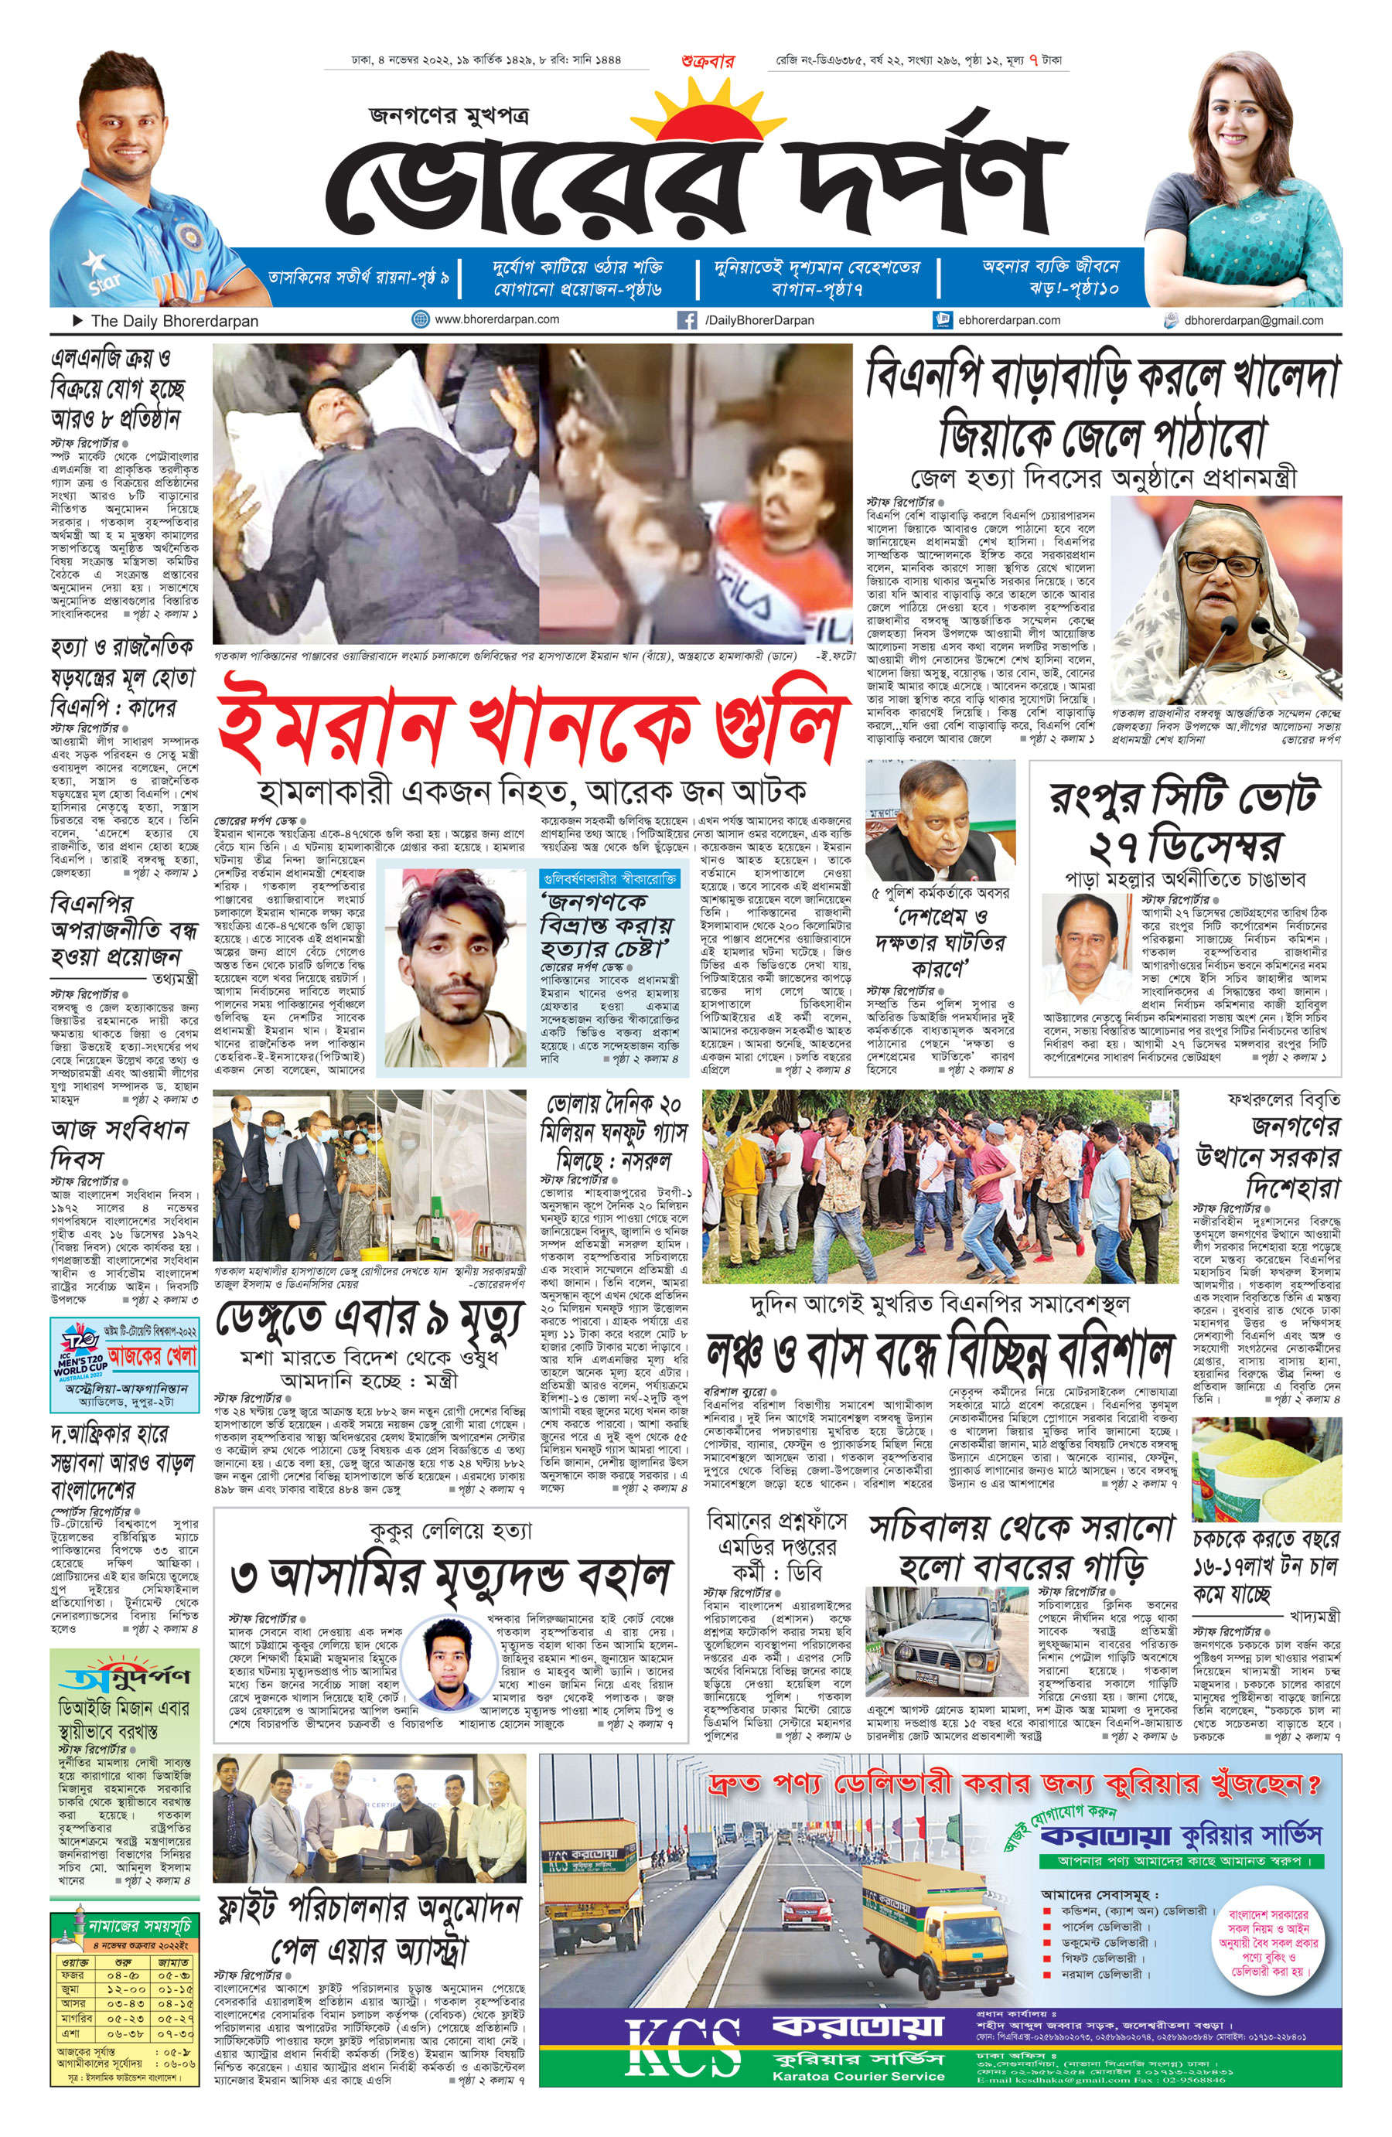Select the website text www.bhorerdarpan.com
(x=496, y=319)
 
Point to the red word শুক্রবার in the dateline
(x=708, y=62)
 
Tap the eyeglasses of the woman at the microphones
(x=1220, y=564)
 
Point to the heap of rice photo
(x=1266, y=1474)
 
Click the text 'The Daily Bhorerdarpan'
(x=173, y=322)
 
